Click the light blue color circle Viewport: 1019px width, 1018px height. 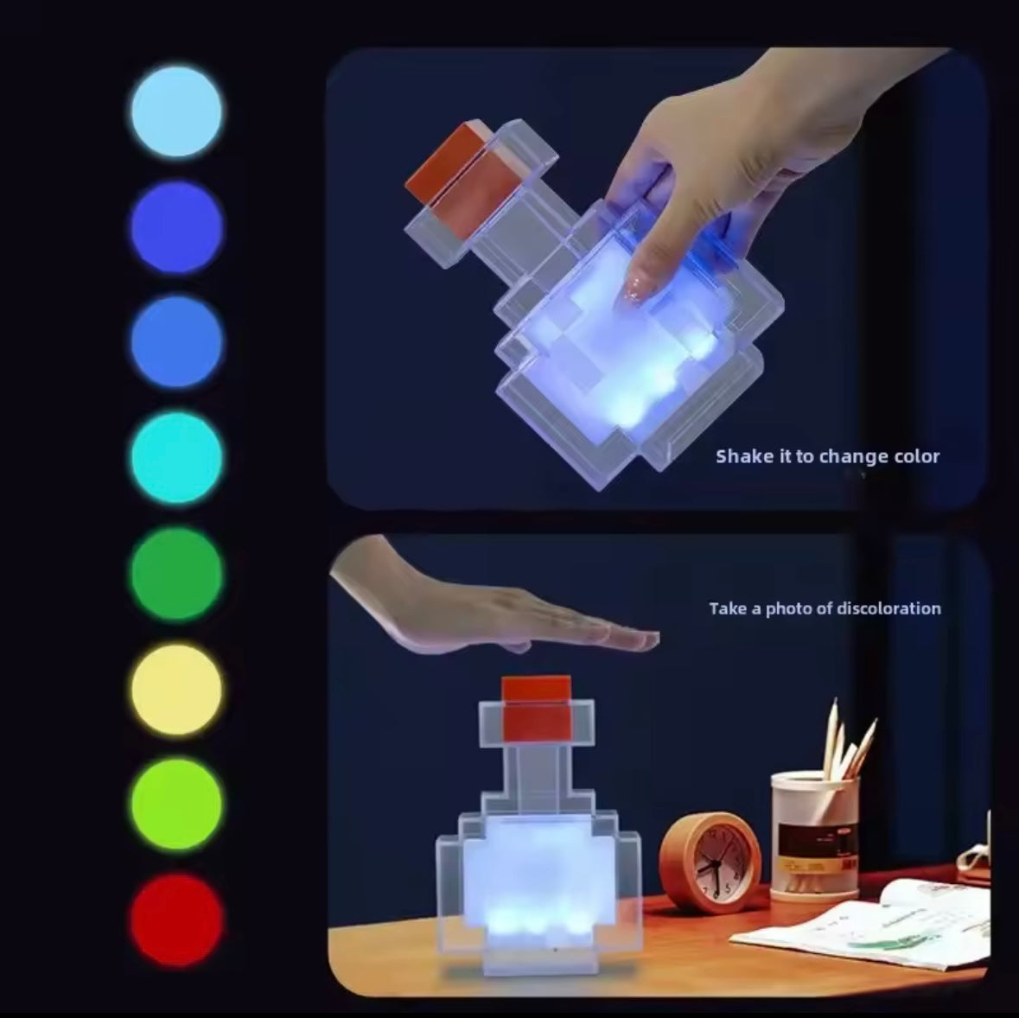click(x=176, y=111)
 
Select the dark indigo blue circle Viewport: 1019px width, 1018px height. click(x=176, y=227)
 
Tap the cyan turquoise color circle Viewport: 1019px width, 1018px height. click(x=176, y=457)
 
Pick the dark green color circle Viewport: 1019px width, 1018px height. click(x=176, y=574)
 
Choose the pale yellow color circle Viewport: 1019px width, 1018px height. click(x=176, y=689)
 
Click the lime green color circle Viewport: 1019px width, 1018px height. click(x=176, y=805)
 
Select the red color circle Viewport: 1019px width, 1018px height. click(x=176, y=919)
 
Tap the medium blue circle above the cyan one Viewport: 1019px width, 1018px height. click(x=176, y=342)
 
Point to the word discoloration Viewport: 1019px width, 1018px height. click(x=888, y=608)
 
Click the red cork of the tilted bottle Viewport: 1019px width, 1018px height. click(x=449, y=170)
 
